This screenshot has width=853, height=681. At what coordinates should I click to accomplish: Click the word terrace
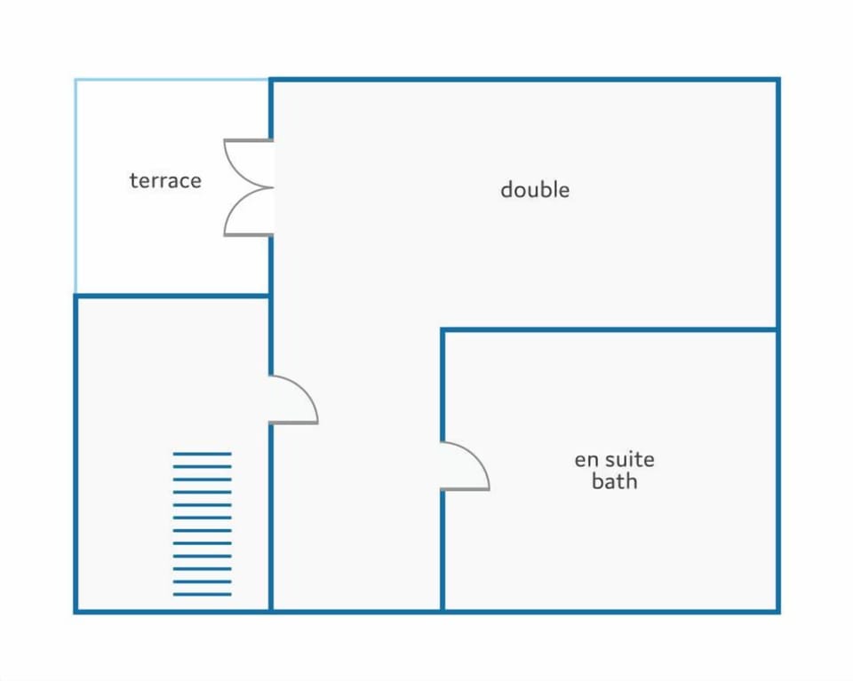165,180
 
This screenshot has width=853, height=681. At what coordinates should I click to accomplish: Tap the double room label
535,189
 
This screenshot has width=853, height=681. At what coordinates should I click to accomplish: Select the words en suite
614,460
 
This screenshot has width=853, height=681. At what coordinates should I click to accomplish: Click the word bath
614,481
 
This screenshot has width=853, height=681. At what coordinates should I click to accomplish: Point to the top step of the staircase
203,454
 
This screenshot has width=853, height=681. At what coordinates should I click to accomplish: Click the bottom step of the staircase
203,595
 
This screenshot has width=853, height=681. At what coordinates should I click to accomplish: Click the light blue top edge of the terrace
171,79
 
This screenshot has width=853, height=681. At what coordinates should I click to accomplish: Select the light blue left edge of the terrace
75,186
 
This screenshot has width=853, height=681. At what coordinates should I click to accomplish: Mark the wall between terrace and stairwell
171,297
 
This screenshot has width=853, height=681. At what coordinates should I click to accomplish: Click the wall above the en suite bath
610,329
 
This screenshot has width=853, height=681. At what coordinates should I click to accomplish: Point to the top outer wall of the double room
524,80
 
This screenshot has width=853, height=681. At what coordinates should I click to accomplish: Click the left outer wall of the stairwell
76,454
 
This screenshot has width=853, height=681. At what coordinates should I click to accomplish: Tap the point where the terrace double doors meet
272,187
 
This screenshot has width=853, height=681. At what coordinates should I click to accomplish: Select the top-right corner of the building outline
778,79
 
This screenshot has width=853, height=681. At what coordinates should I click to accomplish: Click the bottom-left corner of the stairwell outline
76,612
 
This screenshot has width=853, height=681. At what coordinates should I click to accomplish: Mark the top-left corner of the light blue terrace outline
75,79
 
